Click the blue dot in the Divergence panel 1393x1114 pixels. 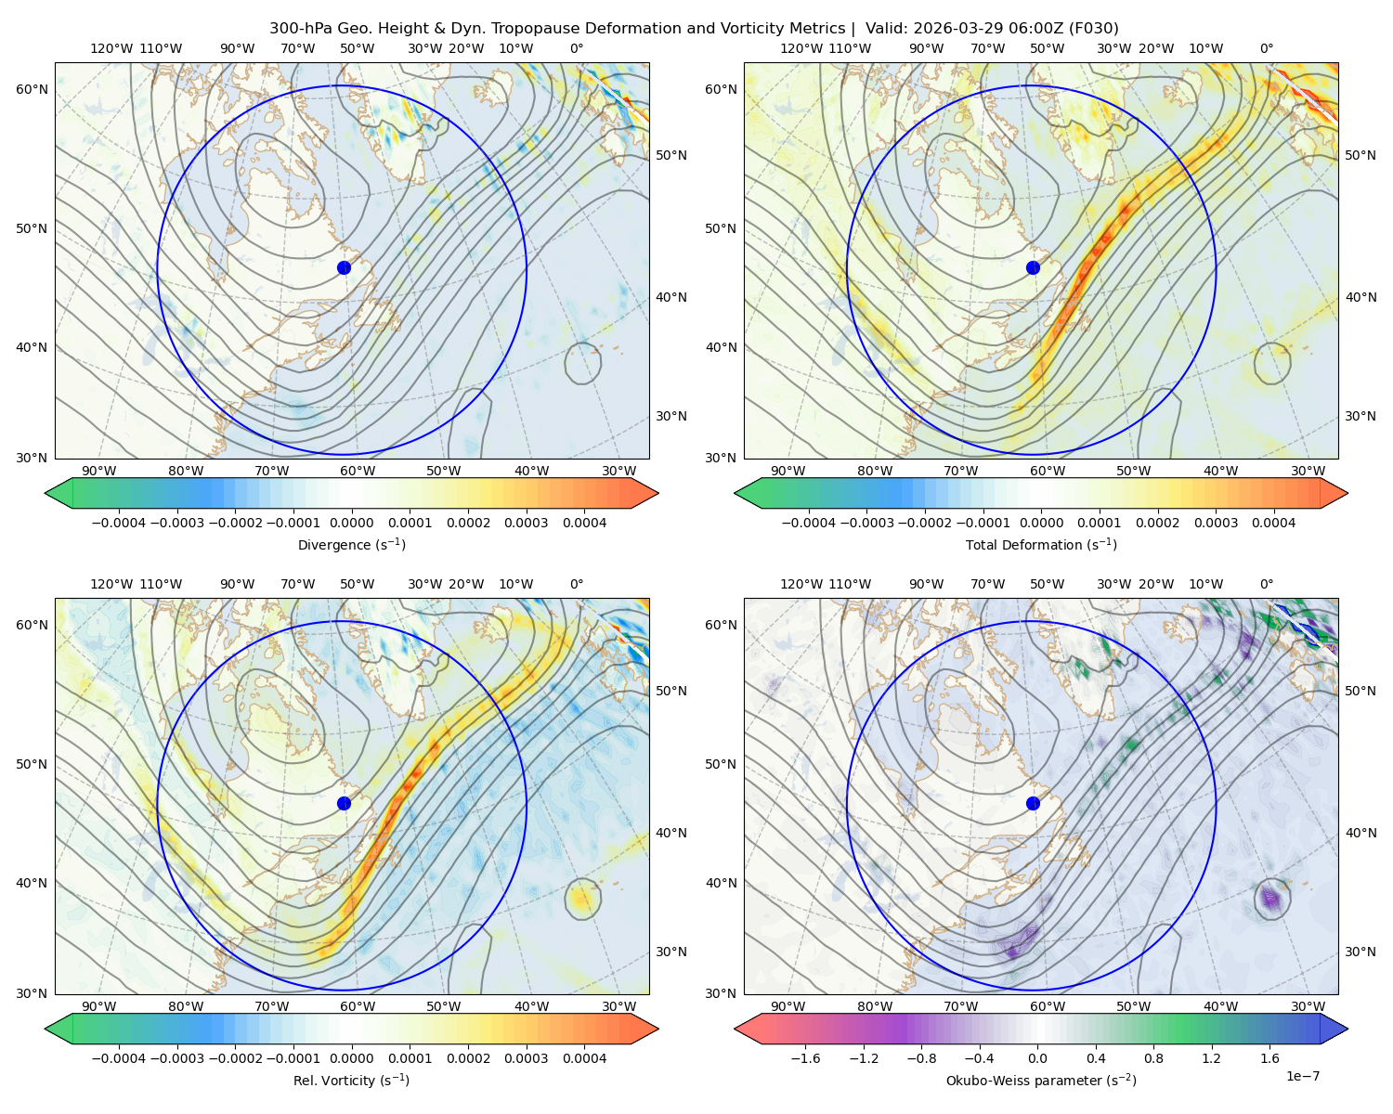[x=344, y=267]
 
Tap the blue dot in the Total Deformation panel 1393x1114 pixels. [x=1033, y=267]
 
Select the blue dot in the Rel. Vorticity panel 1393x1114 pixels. [x=344, y=803]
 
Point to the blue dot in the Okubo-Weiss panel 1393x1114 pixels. [x=1033, y=803]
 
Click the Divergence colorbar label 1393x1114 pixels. [x=351, y=544]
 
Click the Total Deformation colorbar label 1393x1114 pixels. [x=1041, y=544]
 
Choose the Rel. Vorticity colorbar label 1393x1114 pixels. [x=351, y=1080]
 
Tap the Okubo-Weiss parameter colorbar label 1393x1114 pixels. [x=1041, y=1080]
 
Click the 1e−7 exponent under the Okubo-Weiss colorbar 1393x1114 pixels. [x=1302, y=1076]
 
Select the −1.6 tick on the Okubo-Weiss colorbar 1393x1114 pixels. [x=805, y=1057]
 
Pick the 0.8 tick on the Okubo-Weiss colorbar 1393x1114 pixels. [x=1153, y=1057]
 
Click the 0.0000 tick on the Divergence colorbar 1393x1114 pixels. [x=351, y=523]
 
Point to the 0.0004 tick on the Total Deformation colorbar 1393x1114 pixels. [x=1273, y=523]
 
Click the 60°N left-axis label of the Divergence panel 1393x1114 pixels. [x=32, y=89]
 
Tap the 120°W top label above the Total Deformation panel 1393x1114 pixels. [x=801, y=48]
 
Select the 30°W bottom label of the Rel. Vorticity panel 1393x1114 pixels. [x=618, y=1006]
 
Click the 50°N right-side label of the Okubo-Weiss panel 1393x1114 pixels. [x=1360, y=691]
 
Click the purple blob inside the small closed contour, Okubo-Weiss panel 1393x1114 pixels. [x=1269, y=898]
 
